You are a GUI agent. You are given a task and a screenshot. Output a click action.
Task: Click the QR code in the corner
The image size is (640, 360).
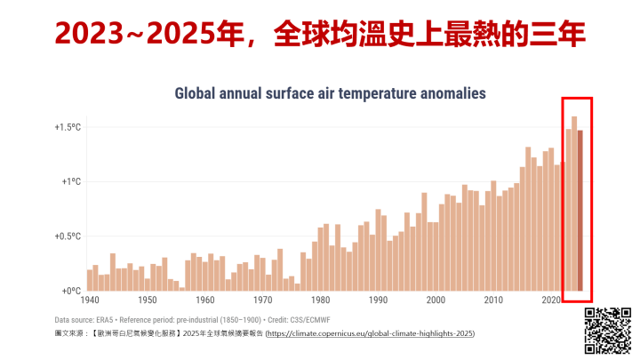click(x=608, y=329)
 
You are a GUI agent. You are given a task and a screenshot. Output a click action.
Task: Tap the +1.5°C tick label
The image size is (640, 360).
click(x=68, y=127)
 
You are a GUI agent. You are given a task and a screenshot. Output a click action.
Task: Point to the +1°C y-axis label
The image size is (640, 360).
click(x=71, y=181)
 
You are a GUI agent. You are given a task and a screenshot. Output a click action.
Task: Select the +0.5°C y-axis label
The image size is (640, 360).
click(x=68, y=236)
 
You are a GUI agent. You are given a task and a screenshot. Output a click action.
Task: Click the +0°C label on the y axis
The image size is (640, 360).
click(x=71, y=291)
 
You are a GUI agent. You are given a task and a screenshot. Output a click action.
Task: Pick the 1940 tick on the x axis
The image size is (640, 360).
click(x=91, y=300)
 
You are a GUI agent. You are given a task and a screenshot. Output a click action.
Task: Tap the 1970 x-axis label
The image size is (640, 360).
click(x=263, y=300)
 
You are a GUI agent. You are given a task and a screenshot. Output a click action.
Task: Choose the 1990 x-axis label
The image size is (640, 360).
click(x=379, y=300)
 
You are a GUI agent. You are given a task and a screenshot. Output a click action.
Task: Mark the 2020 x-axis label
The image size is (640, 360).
click(x=551, y=300)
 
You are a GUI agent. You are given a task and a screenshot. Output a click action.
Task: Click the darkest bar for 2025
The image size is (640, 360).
click(x=580, y=211)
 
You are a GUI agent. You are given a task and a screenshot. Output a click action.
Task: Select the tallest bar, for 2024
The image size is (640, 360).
click(x=574, y=204)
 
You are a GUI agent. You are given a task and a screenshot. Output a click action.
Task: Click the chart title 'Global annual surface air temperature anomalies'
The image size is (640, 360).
click(x=330, y=92)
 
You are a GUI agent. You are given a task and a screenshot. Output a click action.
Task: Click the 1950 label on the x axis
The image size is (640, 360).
click(x=148, y=300)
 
